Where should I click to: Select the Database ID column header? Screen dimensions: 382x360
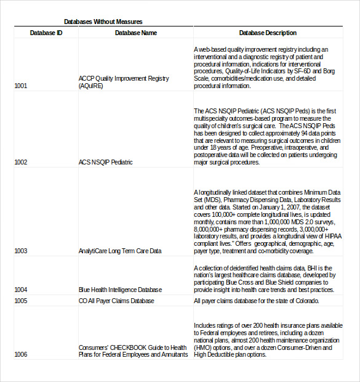46,33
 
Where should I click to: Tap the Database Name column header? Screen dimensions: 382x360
135,33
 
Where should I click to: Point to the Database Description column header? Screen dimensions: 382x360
268,33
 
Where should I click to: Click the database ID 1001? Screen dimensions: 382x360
21,86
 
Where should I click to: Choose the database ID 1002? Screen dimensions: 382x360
21,163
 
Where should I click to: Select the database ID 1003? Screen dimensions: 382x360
21,251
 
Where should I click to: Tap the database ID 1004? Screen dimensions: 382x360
21,290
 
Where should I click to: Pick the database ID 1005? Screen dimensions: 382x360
21,301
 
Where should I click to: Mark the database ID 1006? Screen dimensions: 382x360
21,355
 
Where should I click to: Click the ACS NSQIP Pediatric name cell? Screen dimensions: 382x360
105,163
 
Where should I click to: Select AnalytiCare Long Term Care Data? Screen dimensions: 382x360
120,251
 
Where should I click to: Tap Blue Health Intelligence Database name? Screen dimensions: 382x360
120,290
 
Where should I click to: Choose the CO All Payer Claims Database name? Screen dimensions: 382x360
116,301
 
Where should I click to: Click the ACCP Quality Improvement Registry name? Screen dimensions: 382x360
123,79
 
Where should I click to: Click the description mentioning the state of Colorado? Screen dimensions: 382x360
257,301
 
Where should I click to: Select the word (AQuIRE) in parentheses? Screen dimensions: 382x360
91,86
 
